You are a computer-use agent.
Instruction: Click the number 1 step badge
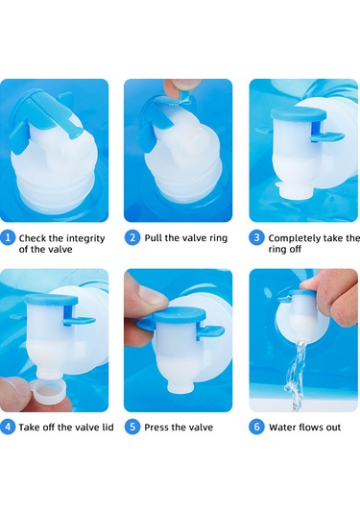click(x=8, y=237)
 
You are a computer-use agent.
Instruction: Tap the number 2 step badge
click(x=132, y=237)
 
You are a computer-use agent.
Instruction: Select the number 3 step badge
click(x=257, y=237)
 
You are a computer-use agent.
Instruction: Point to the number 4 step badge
click(x=8, y=428)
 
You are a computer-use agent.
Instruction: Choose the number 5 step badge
click(x=132, y=428)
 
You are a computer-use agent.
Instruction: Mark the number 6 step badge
click(x=257, y=428)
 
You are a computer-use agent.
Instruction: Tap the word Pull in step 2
click(x=154, y=237)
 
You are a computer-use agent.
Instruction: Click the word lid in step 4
click(x=107, y=428)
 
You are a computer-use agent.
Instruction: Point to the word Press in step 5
click(x=156, y=428)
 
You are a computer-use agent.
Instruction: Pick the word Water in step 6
click(x=281, y=428)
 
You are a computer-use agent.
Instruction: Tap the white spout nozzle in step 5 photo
click(x=180, y=386)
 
